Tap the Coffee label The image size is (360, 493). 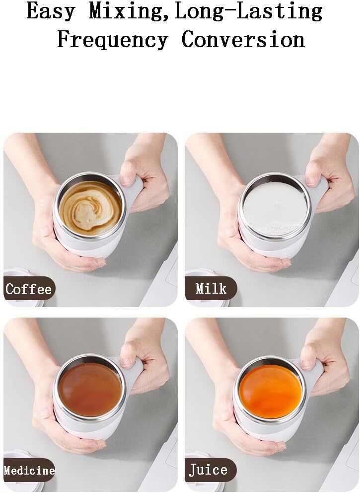tap(28, 289)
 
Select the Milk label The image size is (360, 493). tap(211, 288)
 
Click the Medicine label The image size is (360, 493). tap(29, 470)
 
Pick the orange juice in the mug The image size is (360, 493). tap(270, 392)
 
